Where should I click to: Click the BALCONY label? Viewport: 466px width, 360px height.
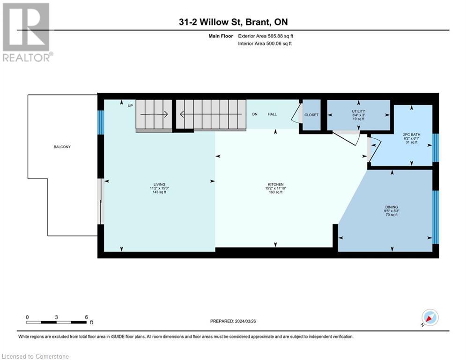click(62, 147)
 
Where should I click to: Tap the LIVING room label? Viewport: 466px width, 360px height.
click(159, 185)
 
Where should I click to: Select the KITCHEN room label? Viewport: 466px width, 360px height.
click(275, 185)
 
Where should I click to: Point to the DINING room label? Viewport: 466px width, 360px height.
click(392, 207)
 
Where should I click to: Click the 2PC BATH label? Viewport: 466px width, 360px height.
click(412, 135)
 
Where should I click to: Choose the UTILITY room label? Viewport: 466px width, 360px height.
click(358, 111)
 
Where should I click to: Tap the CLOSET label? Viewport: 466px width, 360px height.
click(311, 115)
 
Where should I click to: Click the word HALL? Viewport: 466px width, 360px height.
click(272, 114)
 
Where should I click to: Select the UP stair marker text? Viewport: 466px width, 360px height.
click(130, 105)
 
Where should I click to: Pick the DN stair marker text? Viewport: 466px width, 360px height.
click(255, 114)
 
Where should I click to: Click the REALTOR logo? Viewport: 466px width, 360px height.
click(27, 32)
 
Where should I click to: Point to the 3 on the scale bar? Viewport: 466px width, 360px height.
click(56, 317)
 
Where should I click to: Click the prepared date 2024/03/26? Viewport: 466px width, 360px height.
click(245, 321)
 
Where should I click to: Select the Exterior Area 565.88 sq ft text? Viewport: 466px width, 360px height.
click(266, 36)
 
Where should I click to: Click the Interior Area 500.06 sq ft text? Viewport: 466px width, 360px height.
click(265, 44)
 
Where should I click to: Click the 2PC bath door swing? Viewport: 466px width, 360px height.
click(374, 149)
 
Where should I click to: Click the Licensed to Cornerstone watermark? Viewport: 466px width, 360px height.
click(35, 356)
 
